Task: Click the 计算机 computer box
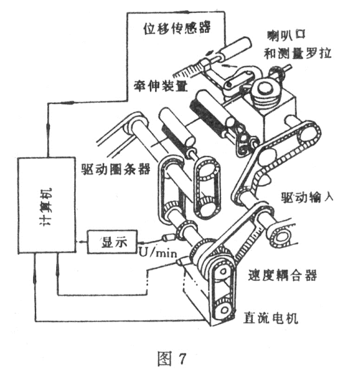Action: coord(47,205)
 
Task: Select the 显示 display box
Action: coord(112,242)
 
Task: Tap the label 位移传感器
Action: coord(176,28)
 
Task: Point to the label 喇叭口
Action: coord(286,35)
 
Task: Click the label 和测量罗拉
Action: coord(297,53)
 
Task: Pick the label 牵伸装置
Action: coord(161,85)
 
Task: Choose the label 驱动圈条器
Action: coord(116,169)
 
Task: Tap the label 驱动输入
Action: coord(307,197)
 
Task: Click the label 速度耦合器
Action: coord(282,275)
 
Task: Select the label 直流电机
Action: coord(270,318)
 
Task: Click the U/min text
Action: coord(158,253)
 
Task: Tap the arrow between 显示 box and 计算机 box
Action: coord(81,242)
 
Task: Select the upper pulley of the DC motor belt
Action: coord(222,272)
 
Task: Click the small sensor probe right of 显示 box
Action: coord(169,237)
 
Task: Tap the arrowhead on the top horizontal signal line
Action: coord(185,12)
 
